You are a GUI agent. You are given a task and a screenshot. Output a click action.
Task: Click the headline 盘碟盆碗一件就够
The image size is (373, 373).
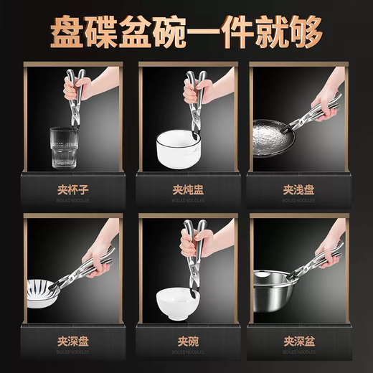click(186, 30)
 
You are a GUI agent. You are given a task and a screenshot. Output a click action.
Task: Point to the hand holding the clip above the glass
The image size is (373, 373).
click(77, 88)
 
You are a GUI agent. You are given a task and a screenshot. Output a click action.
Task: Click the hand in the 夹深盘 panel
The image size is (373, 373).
click(100, 247)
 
